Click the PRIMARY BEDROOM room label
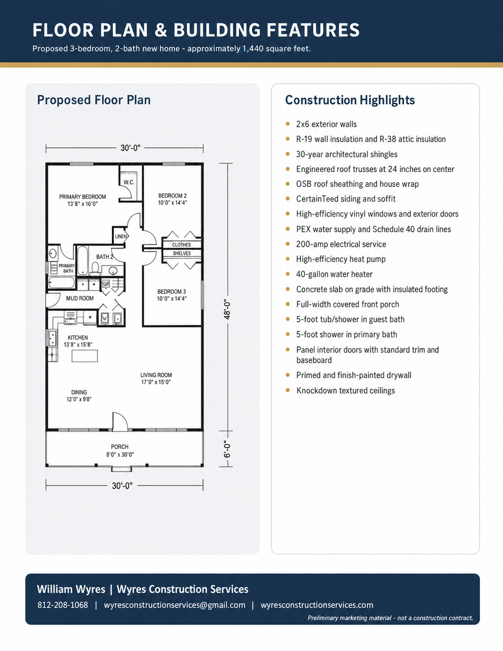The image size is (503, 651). [83, 197]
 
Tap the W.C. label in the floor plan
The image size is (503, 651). [129, 182]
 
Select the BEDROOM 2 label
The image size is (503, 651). [173, 196]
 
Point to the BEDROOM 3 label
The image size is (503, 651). [172, 292]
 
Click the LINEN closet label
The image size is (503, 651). [121, 236]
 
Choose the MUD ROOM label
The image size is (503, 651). [80, 298]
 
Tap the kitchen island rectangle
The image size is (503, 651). [84, 356]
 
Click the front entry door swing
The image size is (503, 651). [120, 422]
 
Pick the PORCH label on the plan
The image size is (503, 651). [120, 447]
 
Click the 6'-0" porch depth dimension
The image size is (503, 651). [227, 449]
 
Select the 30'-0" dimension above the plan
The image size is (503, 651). [131, 148]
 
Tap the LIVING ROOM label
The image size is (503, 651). [156, 375]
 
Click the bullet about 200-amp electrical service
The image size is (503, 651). [341, 244]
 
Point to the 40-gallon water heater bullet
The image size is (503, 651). [335, 274]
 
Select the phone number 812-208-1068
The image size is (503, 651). [63, 605]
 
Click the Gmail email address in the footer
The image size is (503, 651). [174, 605]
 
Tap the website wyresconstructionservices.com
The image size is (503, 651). [317, 605]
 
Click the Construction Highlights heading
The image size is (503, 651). [350, 100]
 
